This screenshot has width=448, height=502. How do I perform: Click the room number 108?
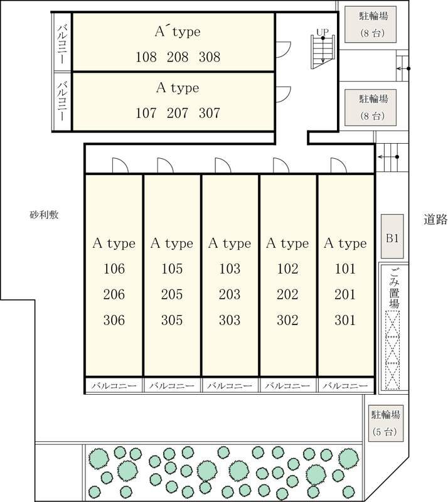[x=146, y=57]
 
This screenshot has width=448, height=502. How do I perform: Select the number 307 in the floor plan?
[x=210, y=113]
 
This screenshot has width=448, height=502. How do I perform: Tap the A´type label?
[x=178, y=32]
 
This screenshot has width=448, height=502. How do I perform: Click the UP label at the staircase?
[x=323, y=33]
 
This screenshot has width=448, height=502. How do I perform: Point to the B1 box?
[x=392, y=237]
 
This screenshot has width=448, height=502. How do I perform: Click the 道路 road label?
[x=435, y=220]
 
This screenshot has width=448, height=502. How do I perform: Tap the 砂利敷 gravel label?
[x=44, y=215]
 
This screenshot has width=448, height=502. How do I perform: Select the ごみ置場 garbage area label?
[x=394, y=288]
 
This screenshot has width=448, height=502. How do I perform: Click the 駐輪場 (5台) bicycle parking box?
[x=385, y=424]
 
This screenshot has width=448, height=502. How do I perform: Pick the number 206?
[x=114, y=294]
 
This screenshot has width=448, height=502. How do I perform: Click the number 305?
[x=172, y=320]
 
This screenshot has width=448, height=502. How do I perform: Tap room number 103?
[x=230, y=269]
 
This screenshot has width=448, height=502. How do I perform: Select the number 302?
[x=287, y=320]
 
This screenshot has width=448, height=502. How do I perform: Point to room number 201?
[x=345, y=294]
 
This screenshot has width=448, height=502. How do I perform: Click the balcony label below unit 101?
[x=345, y=386]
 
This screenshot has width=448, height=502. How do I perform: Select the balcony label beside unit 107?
[x=63, y=101]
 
